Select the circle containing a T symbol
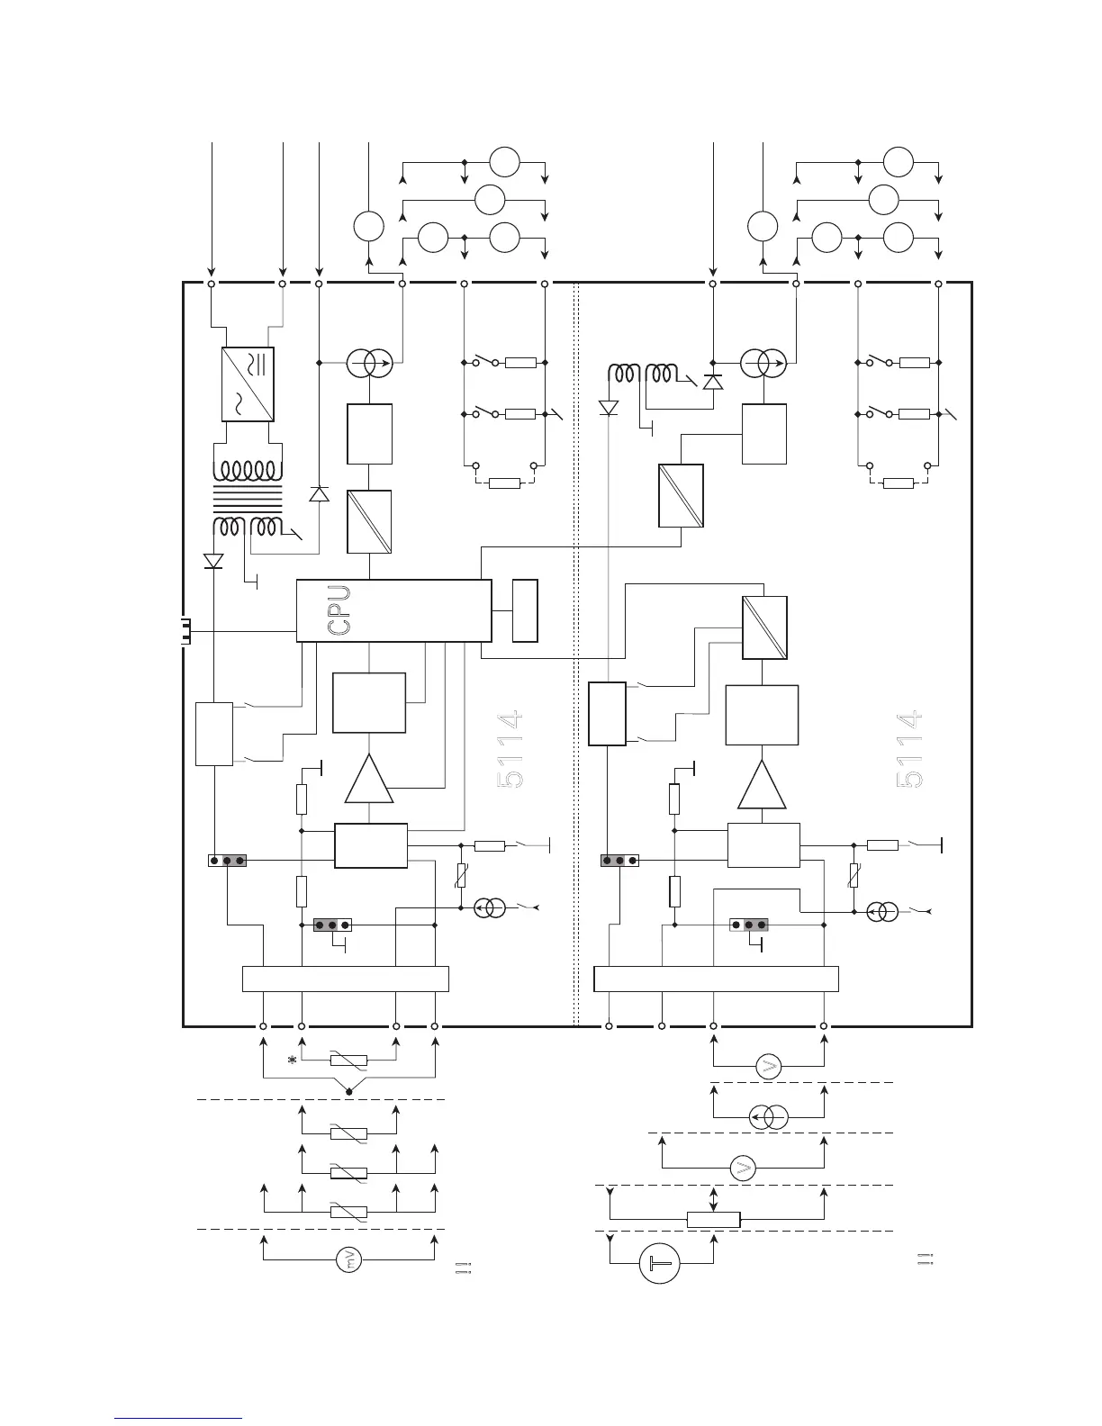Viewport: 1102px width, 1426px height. [660, 1264]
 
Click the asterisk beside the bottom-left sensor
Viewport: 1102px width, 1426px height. [292, 1060]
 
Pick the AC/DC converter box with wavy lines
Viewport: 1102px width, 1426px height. [248, 384]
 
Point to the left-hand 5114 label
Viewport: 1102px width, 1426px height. [510, 751]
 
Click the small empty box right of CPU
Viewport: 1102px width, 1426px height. [525, 611]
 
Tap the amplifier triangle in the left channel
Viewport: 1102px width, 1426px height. [369, 779]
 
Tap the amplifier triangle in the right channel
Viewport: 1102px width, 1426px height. [762, 784]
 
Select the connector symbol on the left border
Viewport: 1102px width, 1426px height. [185, 631]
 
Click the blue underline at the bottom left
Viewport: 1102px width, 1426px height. [179, 1419]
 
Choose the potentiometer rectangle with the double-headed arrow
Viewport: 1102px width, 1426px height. [713, 1220]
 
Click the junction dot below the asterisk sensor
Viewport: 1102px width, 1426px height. [349, 1092]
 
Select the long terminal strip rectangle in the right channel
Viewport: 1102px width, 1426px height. [717, 979]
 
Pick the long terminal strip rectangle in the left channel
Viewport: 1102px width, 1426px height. [346, 979]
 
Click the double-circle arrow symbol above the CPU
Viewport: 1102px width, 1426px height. [369, 364]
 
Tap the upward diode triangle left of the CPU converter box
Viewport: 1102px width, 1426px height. [319, 494]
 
